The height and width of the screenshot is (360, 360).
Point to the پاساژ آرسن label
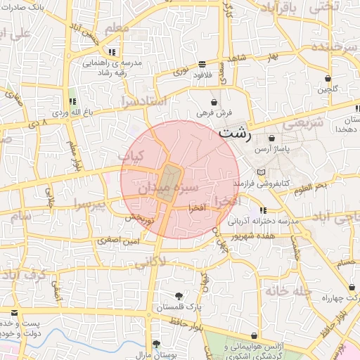(272, 149)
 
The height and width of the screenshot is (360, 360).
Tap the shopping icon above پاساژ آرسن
(271, 138)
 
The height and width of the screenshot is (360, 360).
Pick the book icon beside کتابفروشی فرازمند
(261, 172)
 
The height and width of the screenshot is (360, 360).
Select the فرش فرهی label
(212, 112)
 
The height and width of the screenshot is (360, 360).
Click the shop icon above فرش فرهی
(213, 102)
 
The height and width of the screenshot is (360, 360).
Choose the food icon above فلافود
(202, 63)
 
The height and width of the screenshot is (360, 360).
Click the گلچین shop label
(328, 89)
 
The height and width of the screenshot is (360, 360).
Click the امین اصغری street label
(121, 241)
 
